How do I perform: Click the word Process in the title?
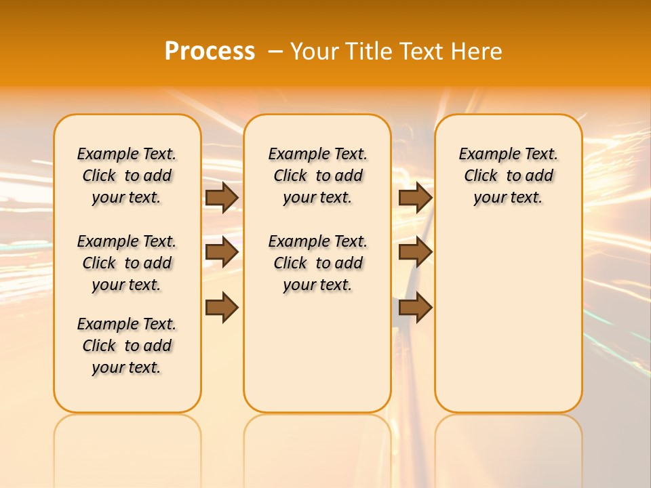point(210,51)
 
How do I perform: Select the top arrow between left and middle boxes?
point(222,197)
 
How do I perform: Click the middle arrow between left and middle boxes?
point(222,252)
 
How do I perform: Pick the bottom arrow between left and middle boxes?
point(222,307)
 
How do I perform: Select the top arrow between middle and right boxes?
point(415,197)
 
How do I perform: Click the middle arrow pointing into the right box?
point(415,252)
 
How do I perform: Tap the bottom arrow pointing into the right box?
point(415,307)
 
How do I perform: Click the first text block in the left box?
point(127,176)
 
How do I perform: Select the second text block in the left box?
point(127,263)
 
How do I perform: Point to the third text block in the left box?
point(127,346)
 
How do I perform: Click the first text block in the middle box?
point(317,176)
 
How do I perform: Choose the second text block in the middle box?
point(317,263)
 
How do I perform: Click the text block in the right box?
point(508,176)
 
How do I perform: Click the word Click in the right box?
point(481,176)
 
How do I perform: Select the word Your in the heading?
point(314,51)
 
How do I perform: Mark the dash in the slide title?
point(275,51)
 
